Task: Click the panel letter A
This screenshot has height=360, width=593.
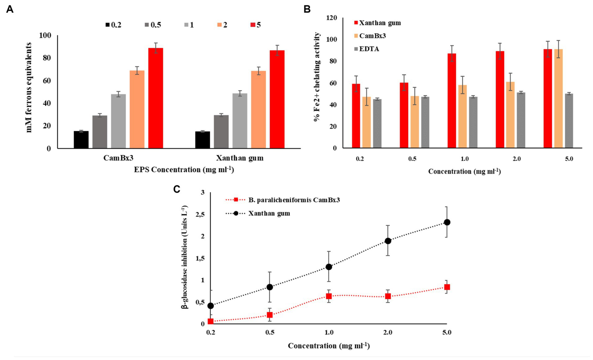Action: tap(10, 10)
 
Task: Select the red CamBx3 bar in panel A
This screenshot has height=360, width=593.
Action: tap(156, 98)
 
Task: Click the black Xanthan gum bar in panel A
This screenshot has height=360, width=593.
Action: tap(202, 140)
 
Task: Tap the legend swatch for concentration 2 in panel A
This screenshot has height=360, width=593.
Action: tap(219, 25)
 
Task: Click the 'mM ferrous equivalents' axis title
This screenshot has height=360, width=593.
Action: tap(29, 88)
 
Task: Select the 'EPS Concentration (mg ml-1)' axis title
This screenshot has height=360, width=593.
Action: tap(184, 170)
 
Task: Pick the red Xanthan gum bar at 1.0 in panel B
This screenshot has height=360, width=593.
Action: tap(452, 101)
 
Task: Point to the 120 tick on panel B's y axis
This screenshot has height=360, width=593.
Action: tap(331, 18)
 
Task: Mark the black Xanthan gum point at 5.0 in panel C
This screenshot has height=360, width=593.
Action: tap(447, 222)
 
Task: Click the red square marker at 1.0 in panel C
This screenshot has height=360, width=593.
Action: tap(329, 296)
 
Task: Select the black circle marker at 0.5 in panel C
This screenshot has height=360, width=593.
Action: tap(270, 287)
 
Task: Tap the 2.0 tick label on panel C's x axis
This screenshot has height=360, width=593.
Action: tap(388, 332)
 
